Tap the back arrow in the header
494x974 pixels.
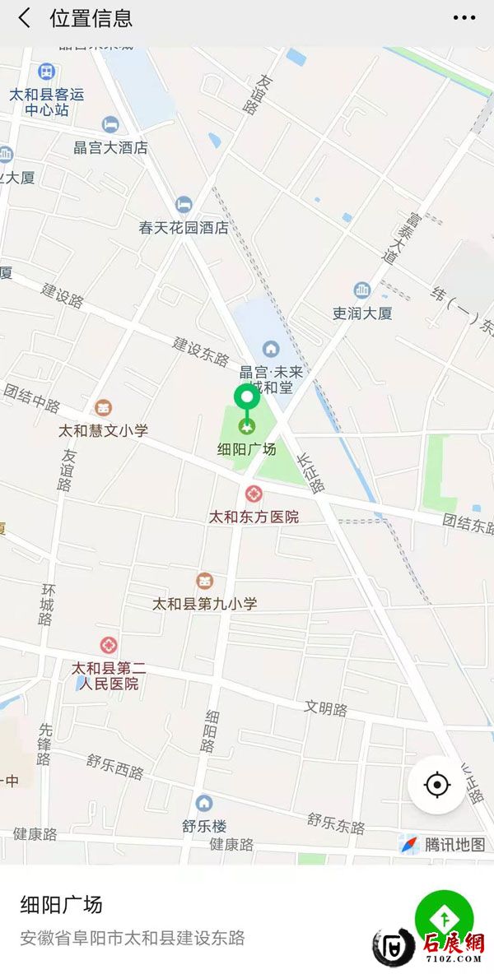pyautogui.click(x=25, y=18)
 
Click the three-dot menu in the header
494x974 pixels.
pyautogui.click(x=464, y=18)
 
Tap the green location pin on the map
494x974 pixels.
pyautogui.click(x=246, y=397)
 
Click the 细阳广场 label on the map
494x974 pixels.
pyautogui.click(x=246, y=450)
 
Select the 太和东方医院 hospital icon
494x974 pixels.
pyautogui.click(x=254, y=494)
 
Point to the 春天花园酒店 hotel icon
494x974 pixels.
pyautogui.click(x=184, y=205)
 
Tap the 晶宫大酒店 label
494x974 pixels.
pyautogui.click(x=110, y=148)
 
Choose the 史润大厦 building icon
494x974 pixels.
pyautogui.click(x=362, y=290)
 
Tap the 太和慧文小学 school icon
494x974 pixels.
pyautogui.click(x=104, y=408)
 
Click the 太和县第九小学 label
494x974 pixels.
pyautogui.click(x=205, y=603)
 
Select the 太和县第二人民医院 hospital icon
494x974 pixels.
pyautogui.click(x=109, y=646)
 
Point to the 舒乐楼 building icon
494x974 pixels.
pyautogui.click(x=204, y=803)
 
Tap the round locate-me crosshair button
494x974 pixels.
pyautogui.click(x=436, y=785)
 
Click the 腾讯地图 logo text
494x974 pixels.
pyautogui.click(x=454, y=844)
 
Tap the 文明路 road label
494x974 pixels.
pyautogui.click(x=326, y=708)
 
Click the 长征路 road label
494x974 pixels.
pyautogui.click(x=311, y=474)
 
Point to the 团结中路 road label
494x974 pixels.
pyautogui.click(x=32, y=399)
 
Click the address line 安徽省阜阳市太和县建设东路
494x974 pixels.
pyautogui.click(x=133, y=938)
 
